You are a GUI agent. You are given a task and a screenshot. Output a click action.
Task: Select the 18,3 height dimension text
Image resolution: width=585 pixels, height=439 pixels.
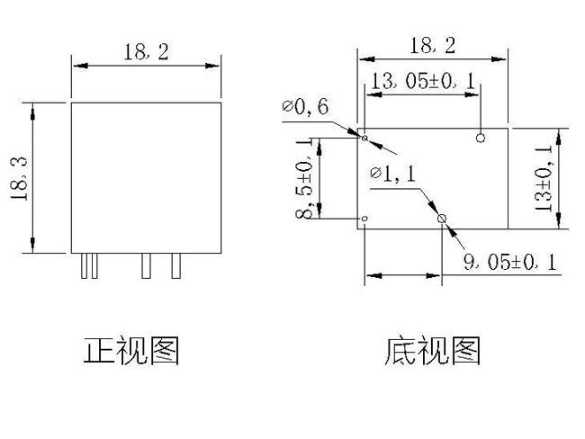[x=21, y=177]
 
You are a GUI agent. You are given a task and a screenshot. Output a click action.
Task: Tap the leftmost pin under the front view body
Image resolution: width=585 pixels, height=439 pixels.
[x=84, y=265]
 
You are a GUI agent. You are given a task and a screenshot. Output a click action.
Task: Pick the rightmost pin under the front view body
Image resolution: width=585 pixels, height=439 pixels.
[x=176, y=265]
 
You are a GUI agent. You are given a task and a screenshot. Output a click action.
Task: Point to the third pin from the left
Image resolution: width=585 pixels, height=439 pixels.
[x=146, y=265]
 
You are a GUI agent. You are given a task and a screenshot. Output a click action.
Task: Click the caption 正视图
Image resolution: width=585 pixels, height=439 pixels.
[x=131, y=350]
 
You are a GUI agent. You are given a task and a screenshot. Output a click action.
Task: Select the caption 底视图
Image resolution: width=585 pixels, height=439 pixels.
[x=433, y=350]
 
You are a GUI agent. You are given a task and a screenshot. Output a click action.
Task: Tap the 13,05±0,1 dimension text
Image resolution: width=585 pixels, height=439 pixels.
[x=420, y=82]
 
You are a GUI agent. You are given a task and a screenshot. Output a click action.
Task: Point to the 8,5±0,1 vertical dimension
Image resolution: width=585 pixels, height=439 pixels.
[x=309, y=178]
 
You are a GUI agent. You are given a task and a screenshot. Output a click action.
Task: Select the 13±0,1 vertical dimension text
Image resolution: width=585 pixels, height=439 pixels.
[x=544, y=177]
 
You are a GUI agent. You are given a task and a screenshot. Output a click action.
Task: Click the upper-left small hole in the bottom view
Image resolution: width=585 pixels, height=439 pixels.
[x=364, y=138]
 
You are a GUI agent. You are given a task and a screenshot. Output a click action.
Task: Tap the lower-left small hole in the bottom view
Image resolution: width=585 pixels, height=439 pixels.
[x=364, y=219]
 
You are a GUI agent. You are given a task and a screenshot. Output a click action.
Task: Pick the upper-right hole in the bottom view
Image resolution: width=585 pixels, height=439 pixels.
[x=481, y=138]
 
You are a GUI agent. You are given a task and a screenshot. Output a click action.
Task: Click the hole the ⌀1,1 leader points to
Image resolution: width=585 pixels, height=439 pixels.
[x=441, y=219]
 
